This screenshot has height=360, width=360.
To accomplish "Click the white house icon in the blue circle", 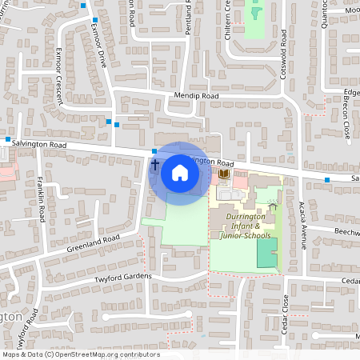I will pyautogui.click(x=180, y=173).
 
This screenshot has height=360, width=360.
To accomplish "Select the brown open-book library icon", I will pyautogui.click(x=225, y=174).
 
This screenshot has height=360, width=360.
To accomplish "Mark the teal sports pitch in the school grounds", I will pyautogui.click(x=265, y=252).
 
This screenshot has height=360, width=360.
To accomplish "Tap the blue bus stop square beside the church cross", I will pyautogui.click(x=154, y=150).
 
